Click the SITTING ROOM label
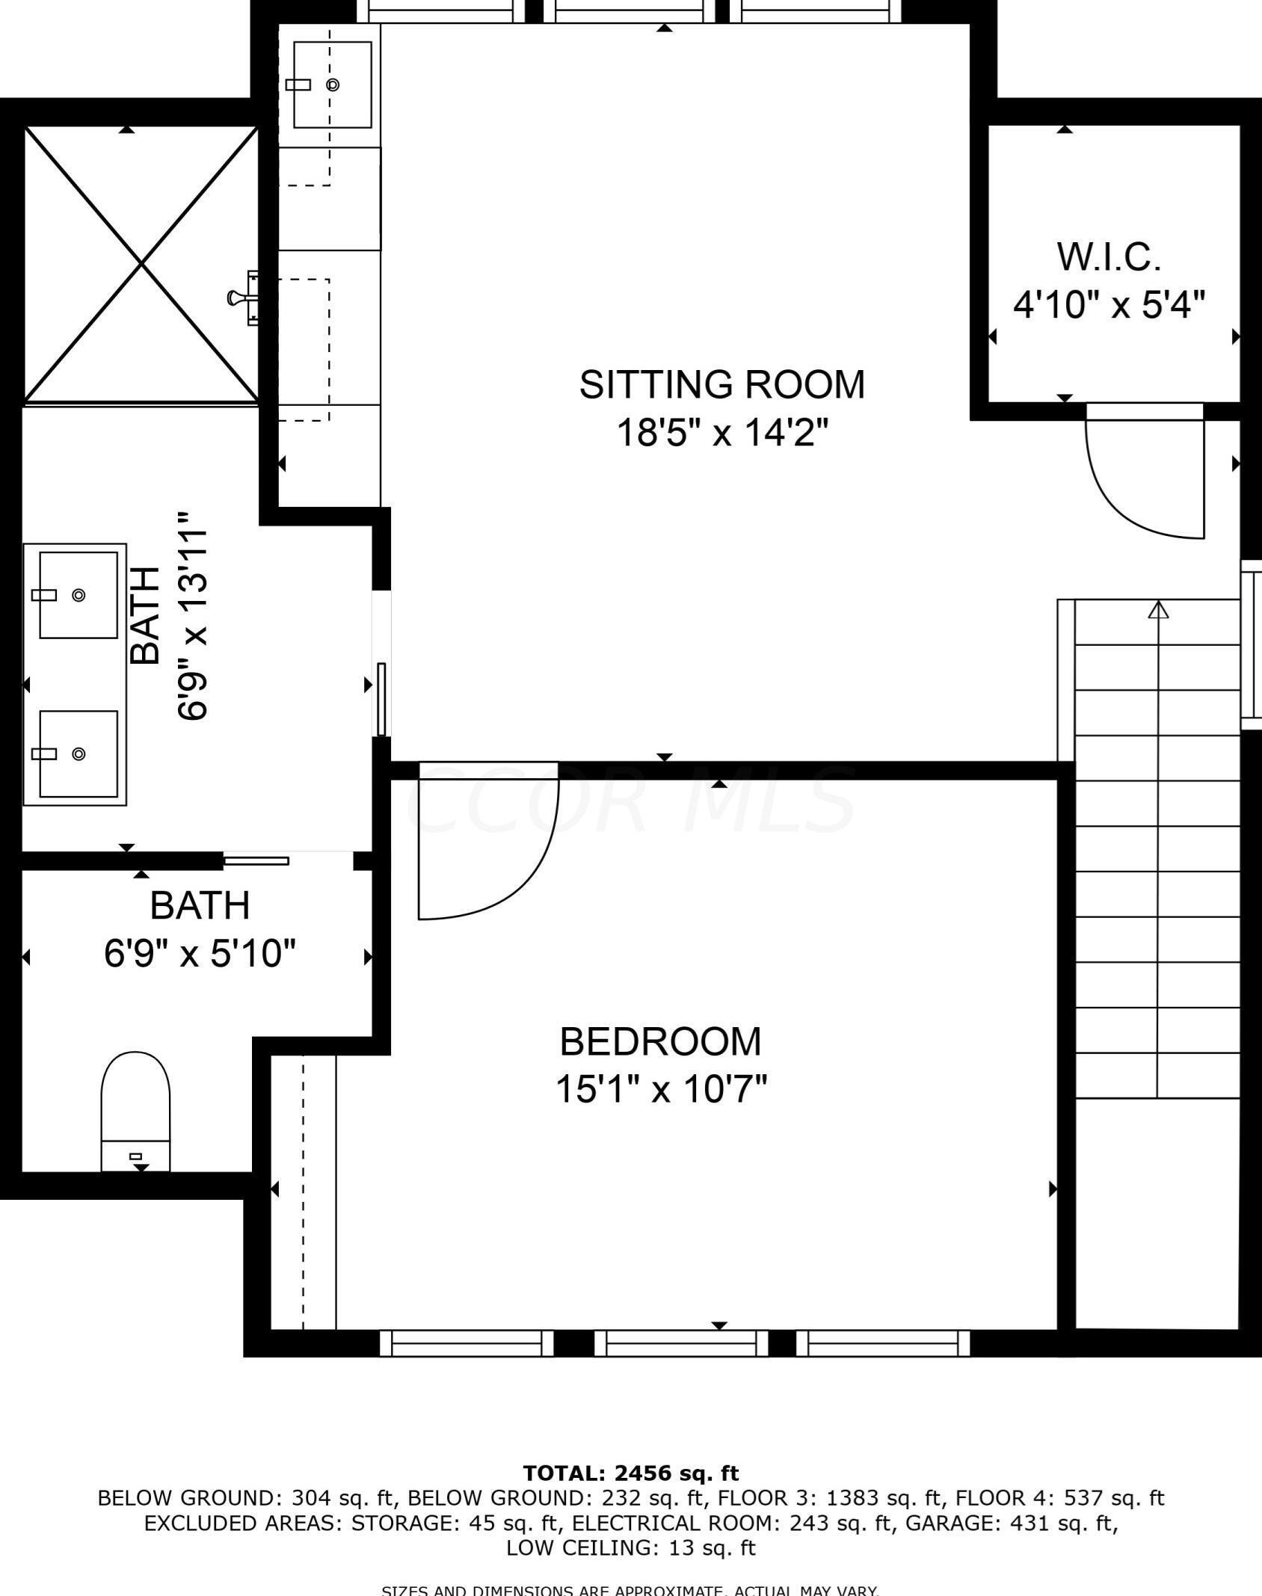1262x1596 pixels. (721, 384)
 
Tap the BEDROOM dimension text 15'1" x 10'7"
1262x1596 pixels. (661, 1089)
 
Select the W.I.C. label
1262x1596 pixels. (1109, 257)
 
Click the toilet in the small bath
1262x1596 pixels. (135, 1110)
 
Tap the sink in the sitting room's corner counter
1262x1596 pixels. (332, 84)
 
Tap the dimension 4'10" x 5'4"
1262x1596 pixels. (1109, 305)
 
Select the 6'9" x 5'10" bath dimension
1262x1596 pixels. (200, 954)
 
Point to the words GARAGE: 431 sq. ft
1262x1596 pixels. (1012, 1523)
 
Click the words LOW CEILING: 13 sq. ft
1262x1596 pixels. (630, 1547)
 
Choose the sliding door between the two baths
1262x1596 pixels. (256, 861)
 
